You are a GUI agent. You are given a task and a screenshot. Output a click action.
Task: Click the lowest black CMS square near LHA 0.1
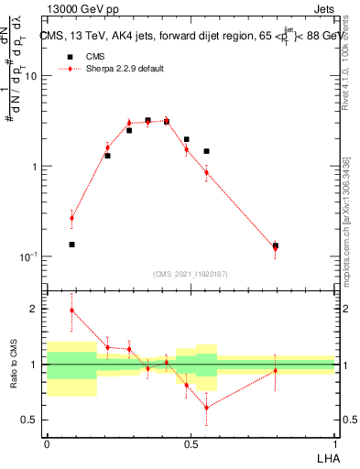[x=72, y=245]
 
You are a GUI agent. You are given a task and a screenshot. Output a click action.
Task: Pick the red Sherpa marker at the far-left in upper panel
[x=72, y=218]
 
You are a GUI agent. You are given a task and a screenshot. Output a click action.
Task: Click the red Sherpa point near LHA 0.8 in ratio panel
[x=276, y=371]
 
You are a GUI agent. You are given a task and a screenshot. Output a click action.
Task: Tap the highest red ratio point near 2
[x=72, y=311]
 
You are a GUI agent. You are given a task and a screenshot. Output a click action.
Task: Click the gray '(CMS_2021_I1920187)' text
[x=191, y=274]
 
